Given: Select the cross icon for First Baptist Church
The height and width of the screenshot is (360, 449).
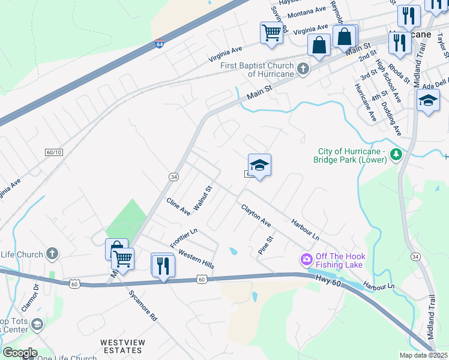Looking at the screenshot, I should point(303,69).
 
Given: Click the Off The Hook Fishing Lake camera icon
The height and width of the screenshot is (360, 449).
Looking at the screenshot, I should point(306,260).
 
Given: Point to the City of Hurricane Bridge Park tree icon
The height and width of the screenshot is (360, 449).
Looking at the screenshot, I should point(396,155).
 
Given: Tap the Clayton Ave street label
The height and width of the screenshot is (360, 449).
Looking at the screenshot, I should point(256,216).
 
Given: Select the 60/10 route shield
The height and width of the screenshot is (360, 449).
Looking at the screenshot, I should point(53,153).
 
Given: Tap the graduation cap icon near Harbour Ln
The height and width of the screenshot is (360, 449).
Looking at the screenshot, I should point(259,165).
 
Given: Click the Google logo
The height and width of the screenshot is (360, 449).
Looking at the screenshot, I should point(19,353).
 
